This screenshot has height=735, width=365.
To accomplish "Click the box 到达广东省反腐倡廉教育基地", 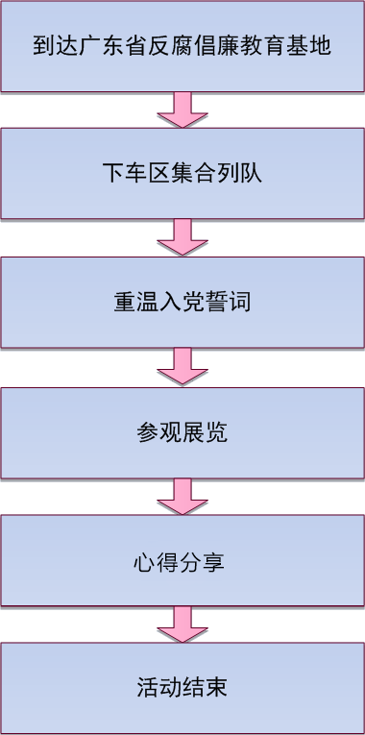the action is [182, 46].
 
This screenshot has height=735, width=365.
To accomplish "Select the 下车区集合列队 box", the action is [182, 174].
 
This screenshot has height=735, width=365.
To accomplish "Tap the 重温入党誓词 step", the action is [182, 303].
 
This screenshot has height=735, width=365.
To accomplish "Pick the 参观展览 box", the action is [182, 432].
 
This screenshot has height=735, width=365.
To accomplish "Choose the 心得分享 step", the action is [182, 561].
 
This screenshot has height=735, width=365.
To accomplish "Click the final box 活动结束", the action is [182, 688].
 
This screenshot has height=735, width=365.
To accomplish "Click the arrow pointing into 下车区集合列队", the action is [182, 110].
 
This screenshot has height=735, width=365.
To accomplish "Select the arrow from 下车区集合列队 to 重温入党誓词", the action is [182, 237].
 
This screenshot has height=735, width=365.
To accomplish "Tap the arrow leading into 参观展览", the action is [182, 367].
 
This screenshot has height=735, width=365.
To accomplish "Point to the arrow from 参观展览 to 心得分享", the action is [182, 497].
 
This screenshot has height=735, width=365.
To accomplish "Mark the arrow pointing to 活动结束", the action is [182, 625].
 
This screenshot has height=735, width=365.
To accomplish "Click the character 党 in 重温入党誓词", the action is [193, 303].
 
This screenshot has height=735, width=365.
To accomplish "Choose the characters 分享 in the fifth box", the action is [205, 561].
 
